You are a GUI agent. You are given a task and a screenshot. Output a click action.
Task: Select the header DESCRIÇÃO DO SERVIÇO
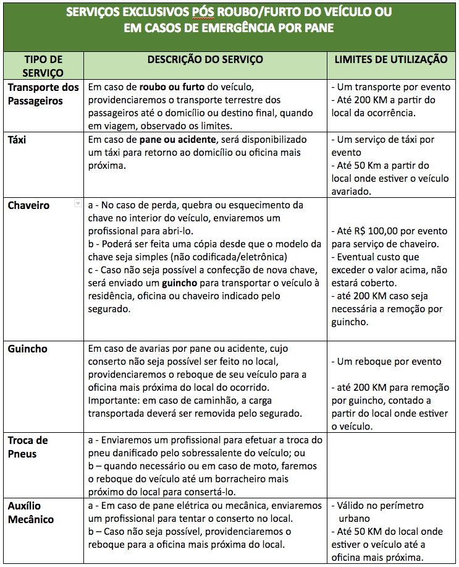pyautogui.click(x=205, y=59)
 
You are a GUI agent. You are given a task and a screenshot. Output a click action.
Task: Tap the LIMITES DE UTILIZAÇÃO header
pyautogui.click(x=391, y=59)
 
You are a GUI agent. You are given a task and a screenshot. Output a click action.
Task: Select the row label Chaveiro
pyautogui.click(x=28, y=205)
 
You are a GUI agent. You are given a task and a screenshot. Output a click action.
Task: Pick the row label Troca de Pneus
pyautogui.click(x=28, y=447)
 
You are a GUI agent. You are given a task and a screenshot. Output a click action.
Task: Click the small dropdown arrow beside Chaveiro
pyautogui.click(x=77, y=203)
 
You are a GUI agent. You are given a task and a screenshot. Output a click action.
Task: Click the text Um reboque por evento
pyautogui.click(x=389, y=362)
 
